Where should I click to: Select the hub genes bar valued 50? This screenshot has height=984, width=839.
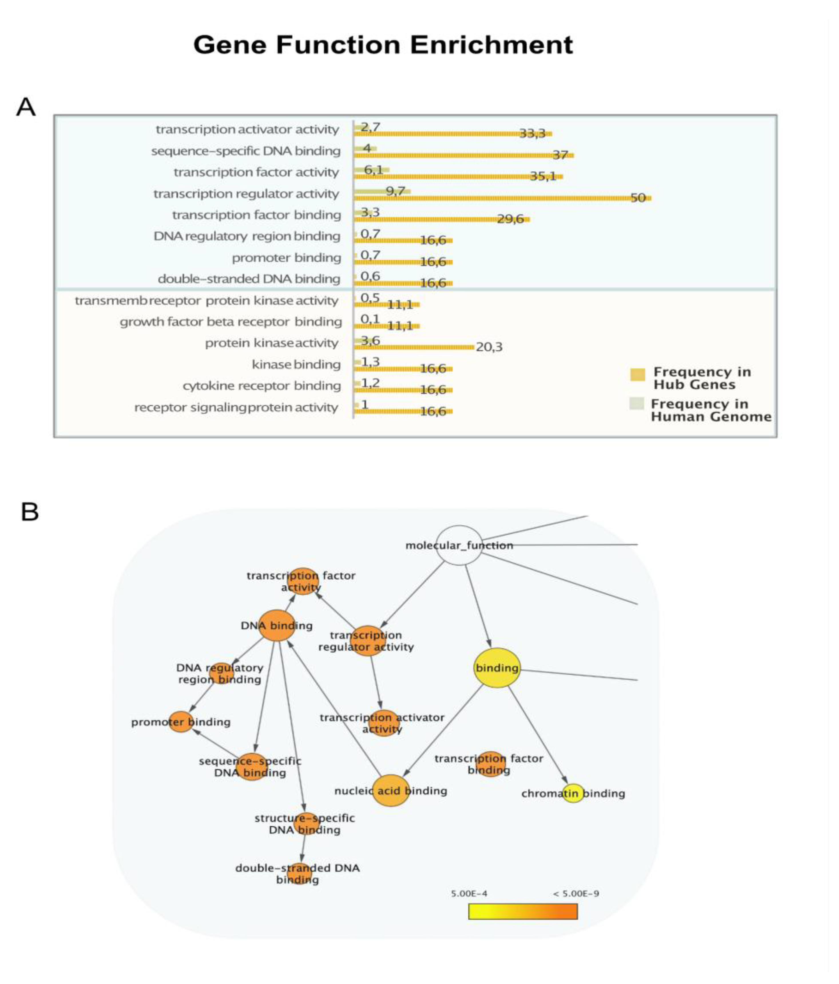499,197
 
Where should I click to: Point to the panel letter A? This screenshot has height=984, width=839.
26,107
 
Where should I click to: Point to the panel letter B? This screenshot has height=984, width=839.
29,512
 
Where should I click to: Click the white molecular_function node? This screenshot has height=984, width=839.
459,545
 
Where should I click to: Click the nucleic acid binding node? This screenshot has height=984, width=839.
390,790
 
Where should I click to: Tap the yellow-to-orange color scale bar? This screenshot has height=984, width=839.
522,911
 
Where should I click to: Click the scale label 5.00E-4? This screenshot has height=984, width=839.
469,893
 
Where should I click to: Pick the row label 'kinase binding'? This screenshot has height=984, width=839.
296,364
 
